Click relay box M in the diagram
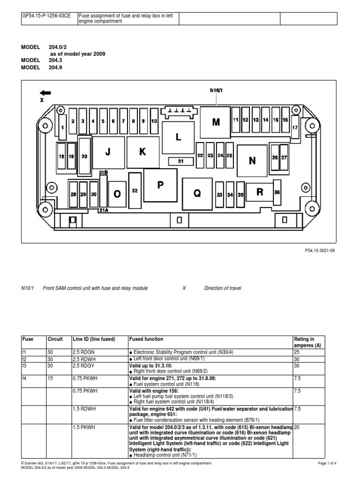click(216, 122)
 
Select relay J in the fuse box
click(108, 152)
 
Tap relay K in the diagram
click(142, 152)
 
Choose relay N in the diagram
click(253, 161)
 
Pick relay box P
click(160, 186)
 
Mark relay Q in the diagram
click(197, 193)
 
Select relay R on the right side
click(260, 192)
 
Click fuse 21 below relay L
click(181, 161)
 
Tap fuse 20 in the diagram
click(85, 157)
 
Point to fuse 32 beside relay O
click(135, 190)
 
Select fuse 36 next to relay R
click(277, 192)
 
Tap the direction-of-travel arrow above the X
click(46, 93)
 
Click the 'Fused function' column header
click(146, 339)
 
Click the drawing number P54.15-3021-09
click(320, 250)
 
